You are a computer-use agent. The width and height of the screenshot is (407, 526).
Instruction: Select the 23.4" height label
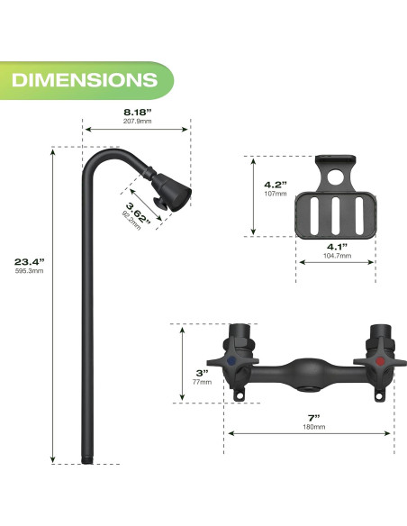pyautogui.click(x=30, y=262)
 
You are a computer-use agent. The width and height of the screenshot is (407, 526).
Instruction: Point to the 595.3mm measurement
pyautogui.click(x=30, y=272)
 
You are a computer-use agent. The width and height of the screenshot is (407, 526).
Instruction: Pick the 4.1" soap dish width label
pyautogui.click(x=337, y=246)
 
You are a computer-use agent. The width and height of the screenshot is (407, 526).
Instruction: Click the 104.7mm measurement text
pyautogui.click(x=337, y=256)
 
